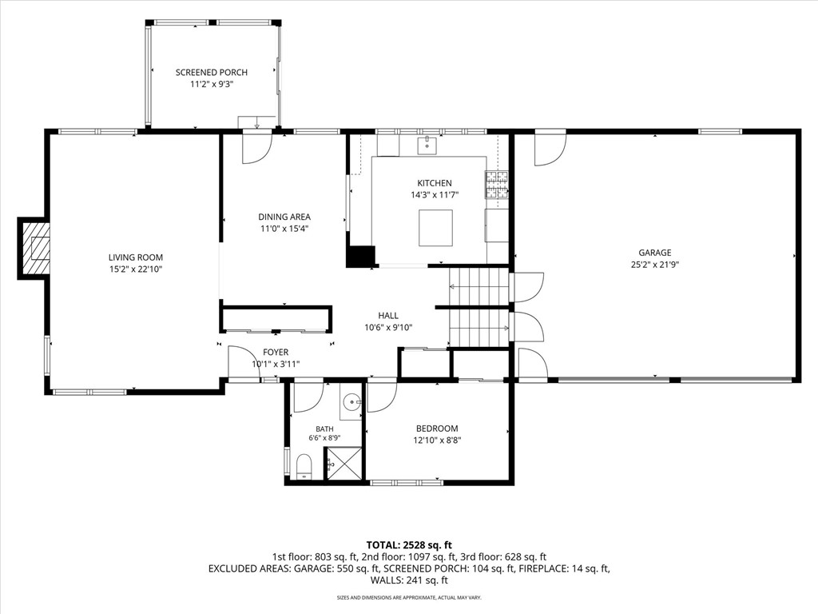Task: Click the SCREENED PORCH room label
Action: click(x=211, y=73)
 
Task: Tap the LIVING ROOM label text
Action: click(x=136, y=257)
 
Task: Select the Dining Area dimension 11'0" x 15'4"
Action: click(x=284, y=229)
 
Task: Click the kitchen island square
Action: click(x=435, y=228)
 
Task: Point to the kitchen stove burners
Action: click(x=497, y=185)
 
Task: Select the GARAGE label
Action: click(x=655, y=253)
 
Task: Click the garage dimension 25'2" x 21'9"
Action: click(x=655, y=265)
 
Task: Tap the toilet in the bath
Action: click(x=303, y=466)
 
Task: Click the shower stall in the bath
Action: click(x=343, y=463)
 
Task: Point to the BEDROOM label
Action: click(x=437, y=429)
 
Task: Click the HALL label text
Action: click(x=388, y=316)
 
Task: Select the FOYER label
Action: click(x=276, y=353)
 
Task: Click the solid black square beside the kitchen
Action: click(x=361, y=256)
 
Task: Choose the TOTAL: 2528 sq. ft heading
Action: click(x=409, y=546)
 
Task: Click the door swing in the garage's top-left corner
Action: click(x=550, y=150)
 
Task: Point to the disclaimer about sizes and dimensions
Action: click(x=409, y=597)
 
